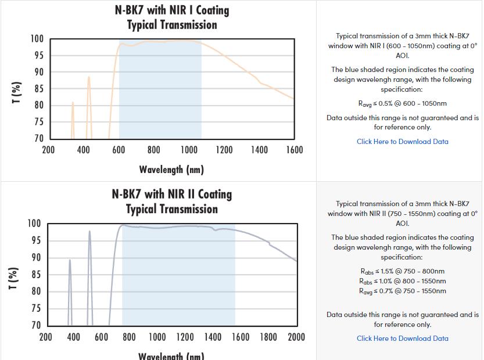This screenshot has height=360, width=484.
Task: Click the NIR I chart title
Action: [171, 17]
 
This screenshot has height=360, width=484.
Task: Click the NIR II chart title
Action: [171, 201]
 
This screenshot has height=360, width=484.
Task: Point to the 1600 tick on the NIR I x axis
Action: [295, 150]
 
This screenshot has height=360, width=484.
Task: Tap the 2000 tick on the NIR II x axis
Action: [296, 337]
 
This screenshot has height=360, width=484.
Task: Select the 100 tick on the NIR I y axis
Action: [37, 39]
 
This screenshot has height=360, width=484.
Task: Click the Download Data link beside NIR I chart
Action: [402, 141]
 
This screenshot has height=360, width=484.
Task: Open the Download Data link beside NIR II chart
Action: [402, 338]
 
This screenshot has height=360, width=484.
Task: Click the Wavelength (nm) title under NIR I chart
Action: [171, 170]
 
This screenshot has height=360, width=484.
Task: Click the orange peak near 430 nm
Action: [89, 77]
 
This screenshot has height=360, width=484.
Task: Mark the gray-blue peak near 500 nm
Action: [89, 232]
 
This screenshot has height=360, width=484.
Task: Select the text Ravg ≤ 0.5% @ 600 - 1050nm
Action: [402, 103]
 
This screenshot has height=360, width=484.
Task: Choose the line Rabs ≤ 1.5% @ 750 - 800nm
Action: [402, 271]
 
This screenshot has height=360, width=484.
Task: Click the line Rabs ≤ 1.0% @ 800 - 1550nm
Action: [402, 281]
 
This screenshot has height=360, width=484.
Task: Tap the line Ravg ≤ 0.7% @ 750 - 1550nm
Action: [402, 291]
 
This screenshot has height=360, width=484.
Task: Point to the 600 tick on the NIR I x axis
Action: [119, 150]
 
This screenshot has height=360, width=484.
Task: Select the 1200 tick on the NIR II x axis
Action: [185, 337]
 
